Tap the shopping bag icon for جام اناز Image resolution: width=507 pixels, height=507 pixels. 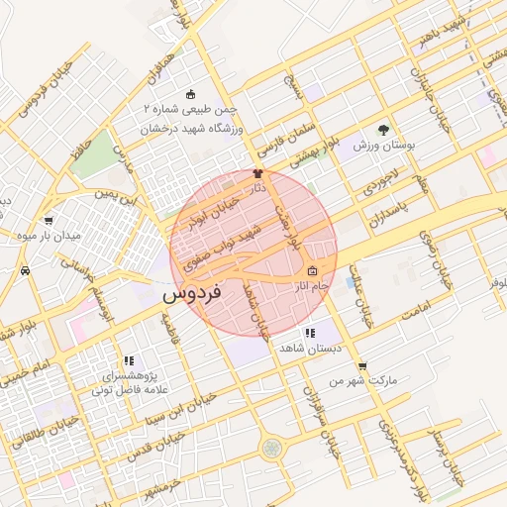click(x=312, y=271)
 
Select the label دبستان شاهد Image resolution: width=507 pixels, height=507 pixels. click(x=310, y=349)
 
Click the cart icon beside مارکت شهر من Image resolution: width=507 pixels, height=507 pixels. click(x=362, y=365)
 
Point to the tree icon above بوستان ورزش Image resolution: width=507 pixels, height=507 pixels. click(x=384, y=129)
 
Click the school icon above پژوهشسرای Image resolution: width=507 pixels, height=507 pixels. click(x=128, y=361)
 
